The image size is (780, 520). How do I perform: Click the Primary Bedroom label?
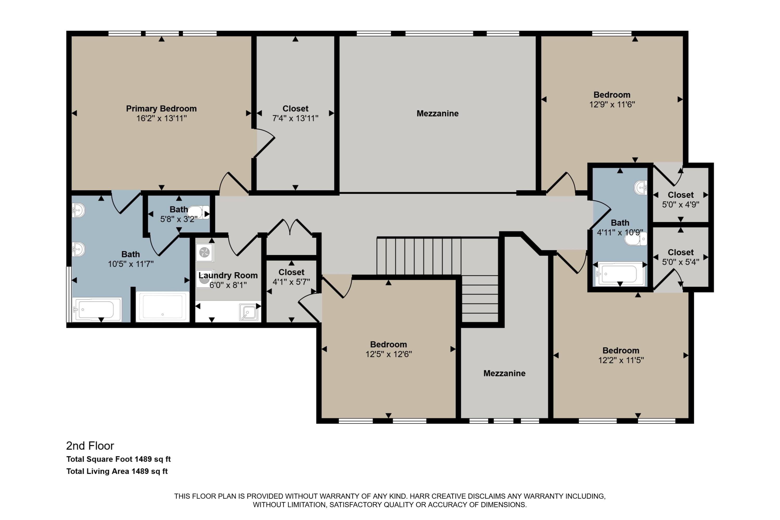[x=161, y=108]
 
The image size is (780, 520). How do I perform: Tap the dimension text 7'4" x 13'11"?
[x=295, y=118]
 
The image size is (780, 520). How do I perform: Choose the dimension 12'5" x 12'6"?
[x=388, y=354]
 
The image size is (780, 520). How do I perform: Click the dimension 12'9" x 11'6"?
[x=612, y=105]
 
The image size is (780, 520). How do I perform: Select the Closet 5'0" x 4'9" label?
[x=680, y=195]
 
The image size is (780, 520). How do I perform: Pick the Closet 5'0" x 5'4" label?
[x=680, y=252]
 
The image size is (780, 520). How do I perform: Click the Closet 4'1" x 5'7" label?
[x=291, y=272]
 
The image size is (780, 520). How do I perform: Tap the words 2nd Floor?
[x=90, y=446]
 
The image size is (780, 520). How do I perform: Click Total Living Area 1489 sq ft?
[x=117, y=471]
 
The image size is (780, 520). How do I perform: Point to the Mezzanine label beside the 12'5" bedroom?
[x=504, y=373]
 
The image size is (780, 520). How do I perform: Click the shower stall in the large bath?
[x=162, y=307]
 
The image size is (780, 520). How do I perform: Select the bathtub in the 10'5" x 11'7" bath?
[x=97, y=309]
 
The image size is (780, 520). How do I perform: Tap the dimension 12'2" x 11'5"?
[x=621, y=360]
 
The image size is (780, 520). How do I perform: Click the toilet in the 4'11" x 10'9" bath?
[x=636, y=239]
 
